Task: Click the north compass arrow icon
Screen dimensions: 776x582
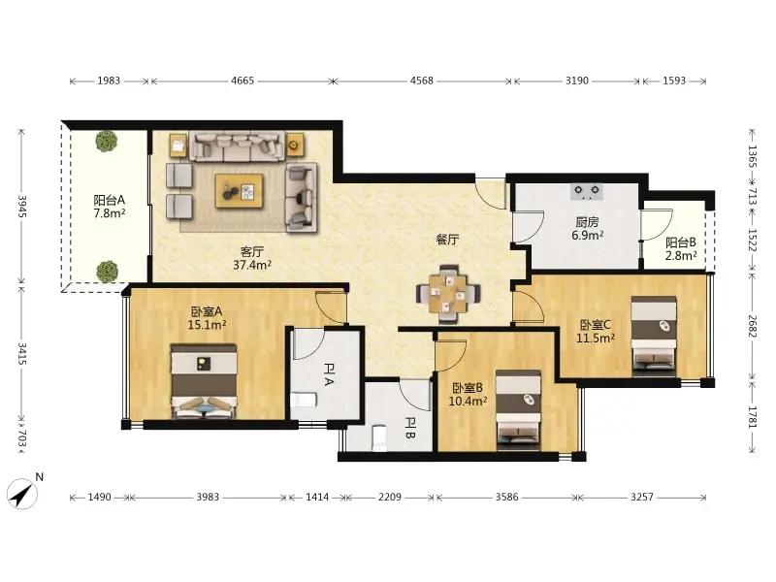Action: (x=22, y=494)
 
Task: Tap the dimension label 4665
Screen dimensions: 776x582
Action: (x=242, y=81)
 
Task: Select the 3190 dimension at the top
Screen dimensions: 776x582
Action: (x=577, y=81)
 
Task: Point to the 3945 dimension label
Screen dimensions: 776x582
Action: (x=22, y=206)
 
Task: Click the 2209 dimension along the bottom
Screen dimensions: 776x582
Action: (x=390, y=497)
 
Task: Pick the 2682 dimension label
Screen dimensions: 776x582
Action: (x=753, y=326)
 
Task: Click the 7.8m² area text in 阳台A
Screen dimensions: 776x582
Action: (x=110, y=213)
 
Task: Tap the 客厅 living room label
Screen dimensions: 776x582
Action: (x=252, y=252)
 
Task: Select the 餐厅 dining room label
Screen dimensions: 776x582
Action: (x=447, y=240)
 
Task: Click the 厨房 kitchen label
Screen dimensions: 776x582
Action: (x=587, y=222)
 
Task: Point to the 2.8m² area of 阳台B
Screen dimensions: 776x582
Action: (x=681, y=256)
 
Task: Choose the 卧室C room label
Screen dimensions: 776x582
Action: (x=596, y=325)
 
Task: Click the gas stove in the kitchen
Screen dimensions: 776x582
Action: (x=587, y=191)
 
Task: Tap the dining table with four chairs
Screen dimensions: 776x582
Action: (x=448, y=294)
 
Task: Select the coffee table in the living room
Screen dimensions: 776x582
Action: (x=239, y=191)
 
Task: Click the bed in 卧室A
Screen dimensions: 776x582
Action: (x=204, y=381)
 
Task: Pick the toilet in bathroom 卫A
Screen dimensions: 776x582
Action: (x=304, y=400)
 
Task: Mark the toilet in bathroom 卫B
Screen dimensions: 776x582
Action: (x=378, y=438)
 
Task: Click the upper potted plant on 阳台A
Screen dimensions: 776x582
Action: (x=107, y=141)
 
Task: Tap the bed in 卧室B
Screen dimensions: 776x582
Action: (x=518, y=409)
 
